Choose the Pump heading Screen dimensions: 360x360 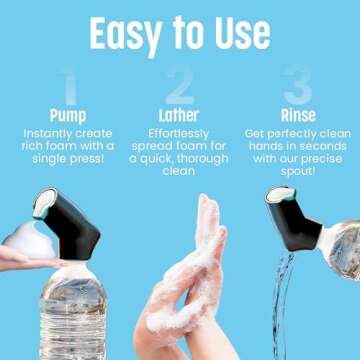point(68,116)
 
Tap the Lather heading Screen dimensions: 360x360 point(180,116)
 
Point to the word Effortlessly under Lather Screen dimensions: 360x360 point(180,135)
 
